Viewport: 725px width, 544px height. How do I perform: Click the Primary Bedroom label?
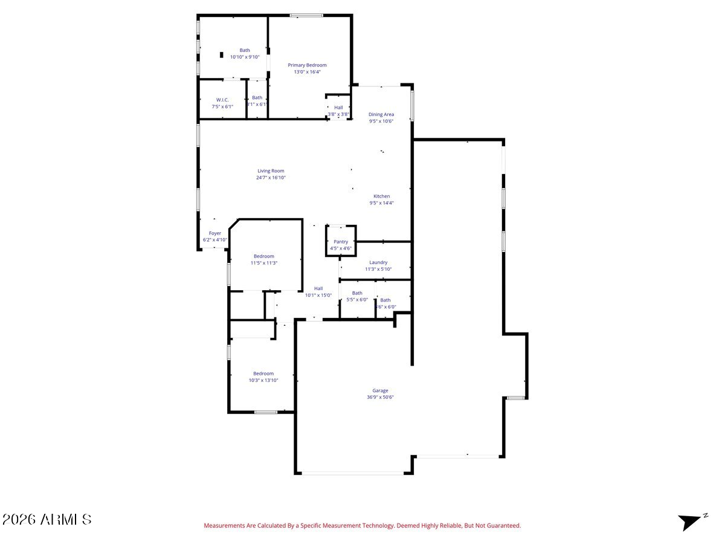pos(307,65)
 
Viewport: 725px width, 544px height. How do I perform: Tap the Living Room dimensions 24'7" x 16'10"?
pos(271,178)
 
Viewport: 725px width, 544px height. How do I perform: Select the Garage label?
pos(380,390)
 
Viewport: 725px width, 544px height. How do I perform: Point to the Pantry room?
pos(341,242)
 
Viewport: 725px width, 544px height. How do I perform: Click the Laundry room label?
pos(378,262)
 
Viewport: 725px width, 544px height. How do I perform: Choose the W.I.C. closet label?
pos(222,100)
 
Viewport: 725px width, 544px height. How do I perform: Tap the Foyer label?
pos(215,233)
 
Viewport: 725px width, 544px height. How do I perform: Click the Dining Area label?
pos(381,114)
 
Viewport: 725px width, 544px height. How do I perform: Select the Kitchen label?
pos(381,196)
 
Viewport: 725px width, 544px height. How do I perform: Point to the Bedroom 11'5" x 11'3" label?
pos(263,256)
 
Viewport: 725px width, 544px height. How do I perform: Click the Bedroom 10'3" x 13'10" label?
pos(263,374)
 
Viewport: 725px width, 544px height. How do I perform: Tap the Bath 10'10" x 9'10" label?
pos(245,51)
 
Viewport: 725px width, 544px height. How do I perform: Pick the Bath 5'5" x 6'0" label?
pos(357,293)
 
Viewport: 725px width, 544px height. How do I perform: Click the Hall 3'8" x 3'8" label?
pos(338,108)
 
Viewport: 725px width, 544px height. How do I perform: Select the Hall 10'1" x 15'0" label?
pos(318,288)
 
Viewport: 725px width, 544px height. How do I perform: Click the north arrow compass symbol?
pos(691,520)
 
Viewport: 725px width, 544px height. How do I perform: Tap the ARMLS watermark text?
pos(47,519)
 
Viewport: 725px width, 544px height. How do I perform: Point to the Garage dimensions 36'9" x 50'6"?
pos(380,397)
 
